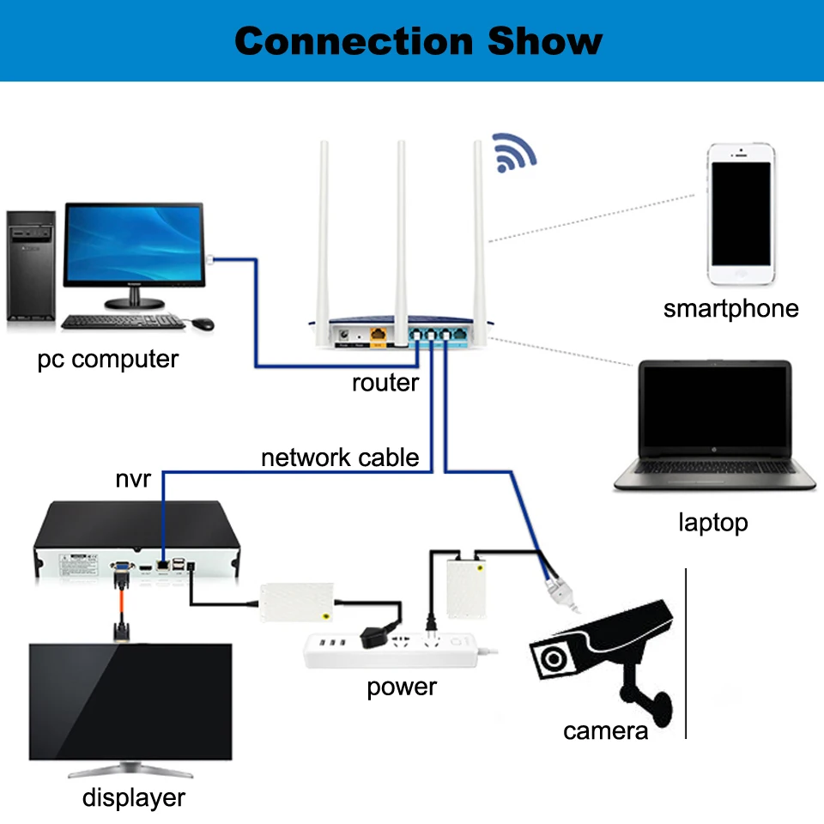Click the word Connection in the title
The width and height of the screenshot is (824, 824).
click(354, 41)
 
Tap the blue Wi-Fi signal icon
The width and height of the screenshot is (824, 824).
click(513, 153)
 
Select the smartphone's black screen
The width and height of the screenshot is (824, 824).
click(741, 214)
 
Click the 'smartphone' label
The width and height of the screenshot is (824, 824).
click(730, 308)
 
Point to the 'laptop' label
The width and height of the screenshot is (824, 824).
click(712, 523)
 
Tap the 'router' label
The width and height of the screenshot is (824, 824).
click(385, 383)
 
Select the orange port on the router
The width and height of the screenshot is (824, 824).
click(378, 335)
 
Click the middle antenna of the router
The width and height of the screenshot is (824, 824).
click(401, 243)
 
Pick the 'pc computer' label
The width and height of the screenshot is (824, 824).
click(108, 360)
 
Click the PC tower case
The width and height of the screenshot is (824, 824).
click(31, 265)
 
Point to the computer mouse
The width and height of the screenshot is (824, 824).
click(203, 324)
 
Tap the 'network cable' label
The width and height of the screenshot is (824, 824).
click(340, 457)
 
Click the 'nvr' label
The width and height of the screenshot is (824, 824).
click(133, 479)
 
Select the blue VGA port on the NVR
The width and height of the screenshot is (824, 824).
click(121, 566)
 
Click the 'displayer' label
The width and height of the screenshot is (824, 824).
click(134, 797)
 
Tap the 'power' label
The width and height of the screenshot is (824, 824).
click(402, 688)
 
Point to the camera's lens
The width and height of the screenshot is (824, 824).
click(553, 657)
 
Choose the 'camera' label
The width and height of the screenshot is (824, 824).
click(605, 731)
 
